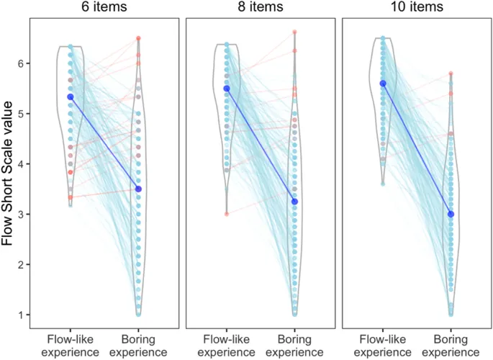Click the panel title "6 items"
pyautogui.click(x=104, y=7)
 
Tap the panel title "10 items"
pyautogui.click(x=417, y=7)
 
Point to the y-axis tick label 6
pyautogui.click(x=24, y=63)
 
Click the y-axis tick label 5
pyautogui.click(x=24, y=114)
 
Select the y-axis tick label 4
pyautogui.click(x=24, y=164)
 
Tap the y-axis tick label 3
pyautogui.click(x=24, y=215)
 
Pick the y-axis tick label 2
pyautogui.click(x=24, y=265)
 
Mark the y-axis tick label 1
pyautogui.click(x=24, y=315)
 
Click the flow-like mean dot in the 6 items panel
pyautogui.click(x=71, y=96)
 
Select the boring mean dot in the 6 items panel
pyautogui.click(x=138, y=189)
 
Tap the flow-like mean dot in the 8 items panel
pyautogui.click(x=227, y=89)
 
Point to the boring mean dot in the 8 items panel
pyautogui.click(x=294, y=202)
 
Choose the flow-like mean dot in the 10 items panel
pyautogui.click(x=383, y=84)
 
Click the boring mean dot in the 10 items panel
pyautogui.click(x=451, y=214)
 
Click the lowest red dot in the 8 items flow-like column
pyautogui.click(x=227, y=213)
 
